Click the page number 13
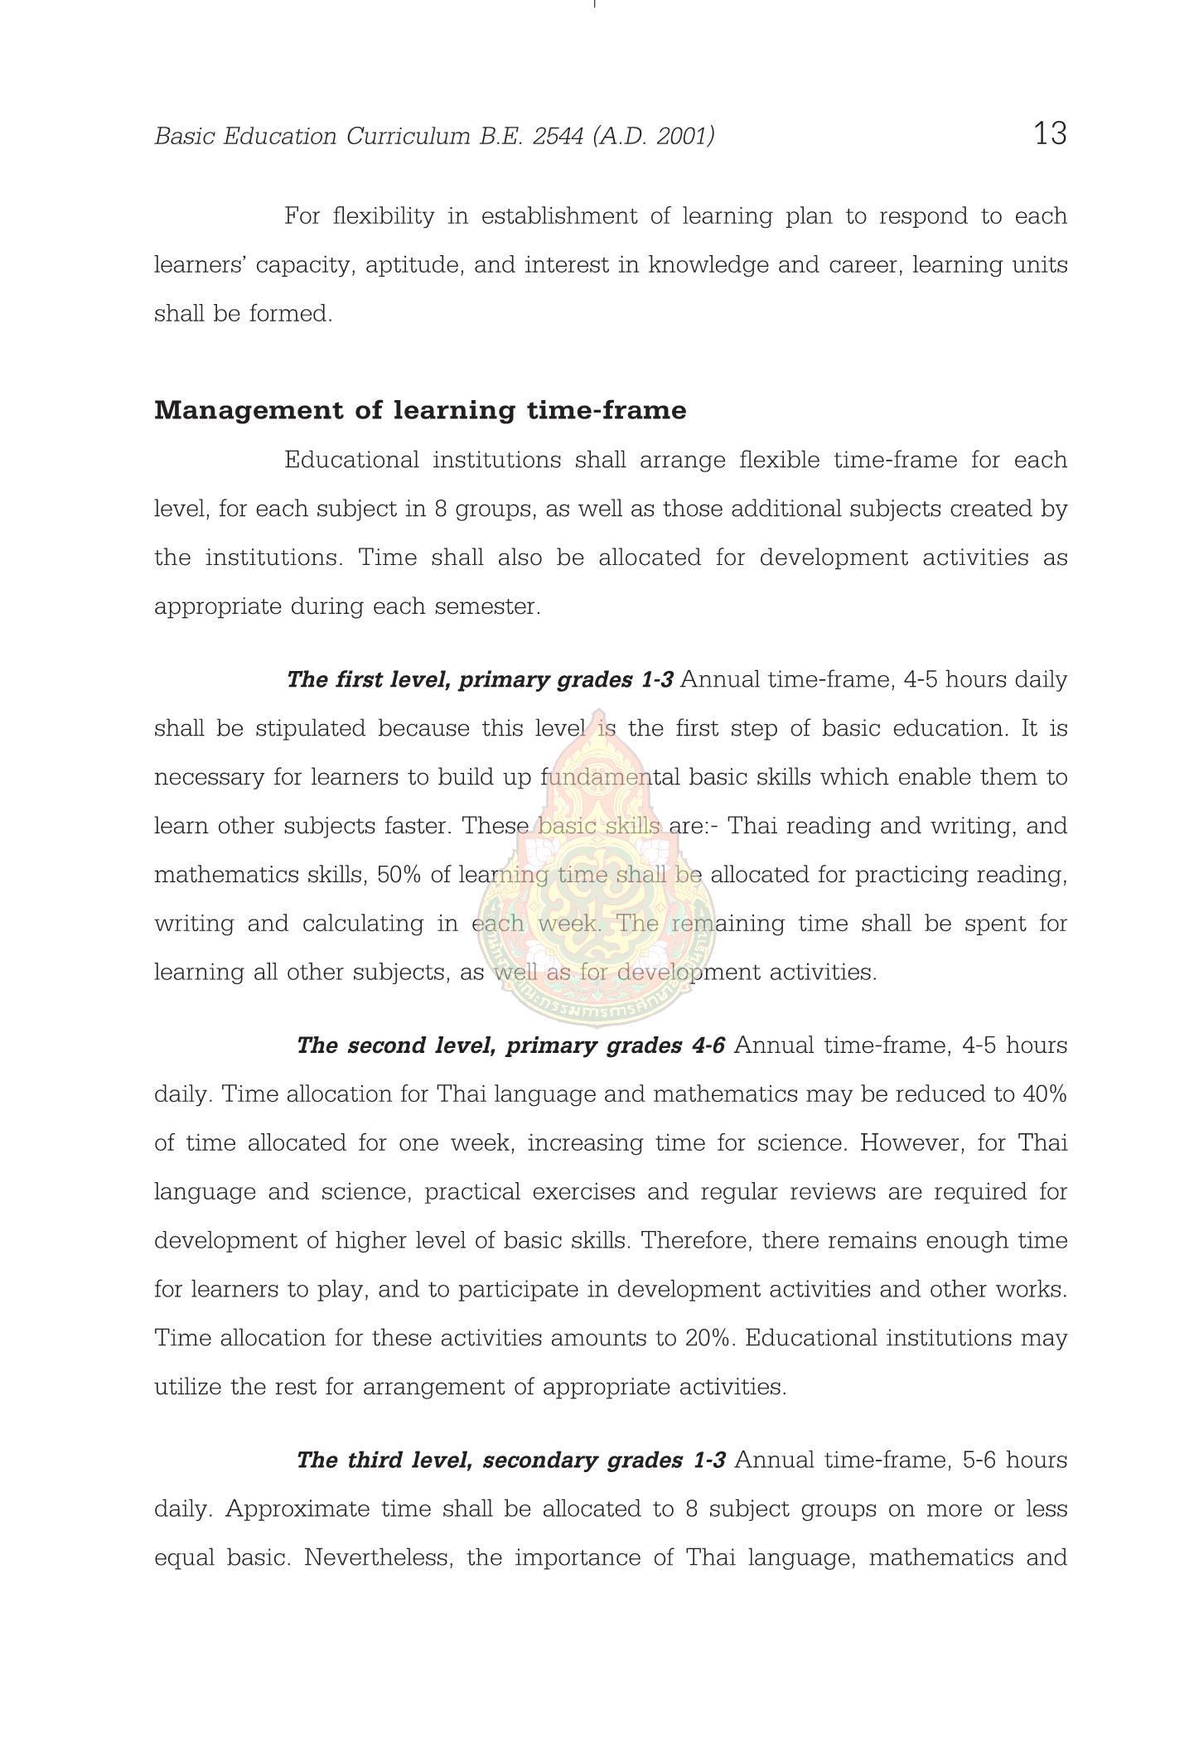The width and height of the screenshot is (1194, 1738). tap(1050, 134)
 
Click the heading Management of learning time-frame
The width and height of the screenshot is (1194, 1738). tap(420, 411)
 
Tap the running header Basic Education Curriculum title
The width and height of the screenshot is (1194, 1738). tap(434, 136)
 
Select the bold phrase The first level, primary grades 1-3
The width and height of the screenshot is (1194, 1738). tap(480, 680)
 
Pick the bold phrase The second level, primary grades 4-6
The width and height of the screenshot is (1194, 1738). tap(510, 1045)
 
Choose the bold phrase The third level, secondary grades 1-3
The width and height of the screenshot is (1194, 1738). tap(510, 1460)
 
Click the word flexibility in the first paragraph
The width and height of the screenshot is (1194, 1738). tap(383, 216)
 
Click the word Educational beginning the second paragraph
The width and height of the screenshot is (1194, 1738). tap(352, 461)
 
